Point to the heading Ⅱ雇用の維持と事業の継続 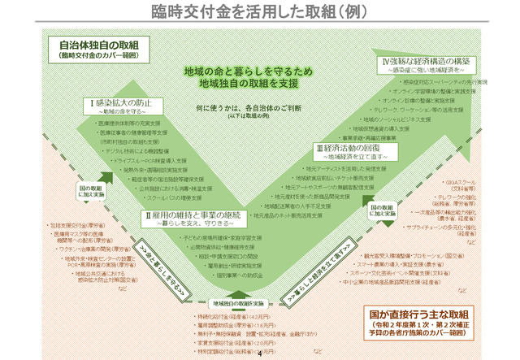click(190, 215)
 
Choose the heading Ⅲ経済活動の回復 click(350, 150)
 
